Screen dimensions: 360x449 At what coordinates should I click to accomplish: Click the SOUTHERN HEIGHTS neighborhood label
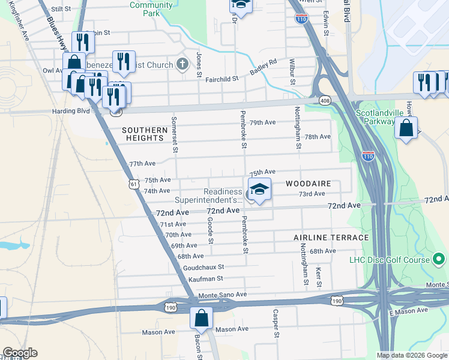point(144,134)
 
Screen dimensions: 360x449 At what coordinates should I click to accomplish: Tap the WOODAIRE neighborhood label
point(308,182)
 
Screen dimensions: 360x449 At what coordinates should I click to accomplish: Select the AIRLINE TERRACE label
point(331,238)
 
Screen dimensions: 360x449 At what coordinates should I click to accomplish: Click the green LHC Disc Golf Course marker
point(439,260)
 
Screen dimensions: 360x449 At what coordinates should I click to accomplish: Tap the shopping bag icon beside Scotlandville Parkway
point(406,128)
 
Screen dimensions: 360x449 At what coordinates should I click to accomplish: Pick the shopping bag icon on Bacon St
point(202,317)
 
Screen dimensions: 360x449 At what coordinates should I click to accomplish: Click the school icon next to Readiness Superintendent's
point(259,190)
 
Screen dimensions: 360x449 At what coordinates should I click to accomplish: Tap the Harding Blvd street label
point(75,111)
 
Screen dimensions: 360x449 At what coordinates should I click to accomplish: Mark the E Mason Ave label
point(408,311)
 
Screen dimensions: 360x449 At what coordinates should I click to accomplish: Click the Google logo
point(20,353)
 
